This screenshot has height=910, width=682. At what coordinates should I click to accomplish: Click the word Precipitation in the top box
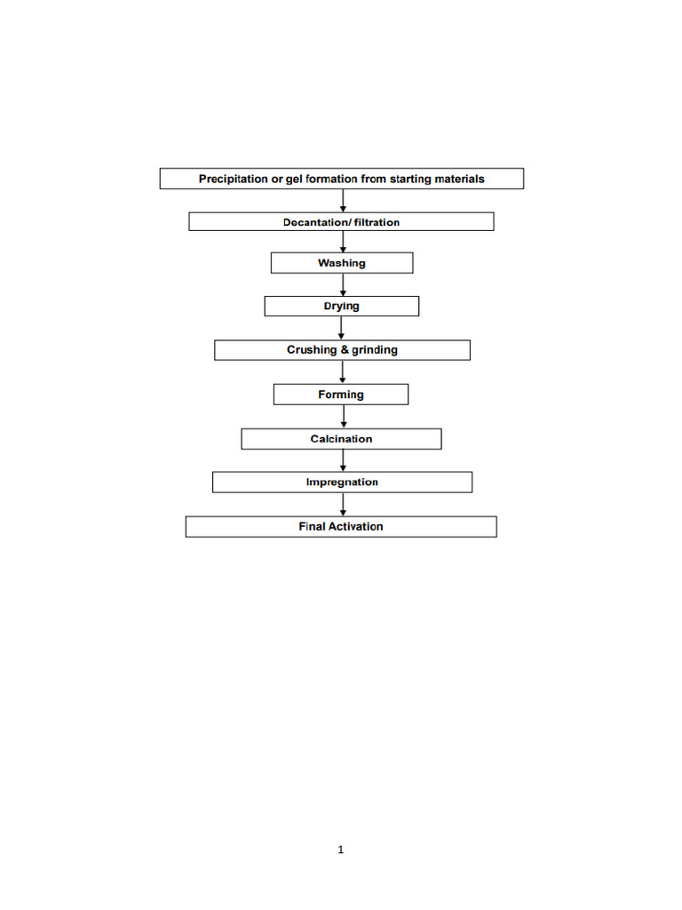tap(233, 179)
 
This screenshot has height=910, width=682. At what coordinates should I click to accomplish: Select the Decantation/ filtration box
tap(341, 222)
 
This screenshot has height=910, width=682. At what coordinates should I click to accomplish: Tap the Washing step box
tap(341, 263)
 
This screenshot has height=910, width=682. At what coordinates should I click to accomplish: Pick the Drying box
tap(341, 306)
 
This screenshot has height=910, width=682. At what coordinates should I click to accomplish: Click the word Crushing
tap(312, 350)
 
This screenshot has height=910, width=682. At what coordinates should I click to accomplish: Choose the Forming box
tap(341, 395)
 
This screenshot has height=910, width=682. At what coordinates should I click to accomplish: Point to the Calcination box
tap(341, 439)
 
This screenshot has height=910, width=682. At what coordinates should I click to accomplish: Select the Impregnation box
tap(342, 483)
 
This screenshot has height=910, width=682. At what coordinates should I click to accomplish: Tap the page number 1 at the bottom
tap(341, 850)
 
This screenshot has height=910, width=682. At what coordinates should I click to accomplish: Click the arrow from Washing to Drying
tap(343, 284)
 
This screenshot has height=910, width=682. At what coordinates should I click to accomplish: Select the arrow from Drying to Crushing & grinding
tap(342, 328)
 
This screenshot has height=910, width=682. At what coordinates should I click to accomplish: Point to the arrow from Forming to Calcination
tap(343, 417)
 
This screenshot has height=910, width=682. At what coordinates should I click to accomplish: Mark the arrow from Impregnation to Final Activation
tap(343, 504)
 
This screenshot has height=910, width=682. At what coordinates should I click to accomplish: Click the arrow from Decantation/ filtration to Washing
tap(343, 242)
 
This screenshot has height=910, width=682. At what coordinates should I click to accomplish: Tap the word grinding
tap(375, 350)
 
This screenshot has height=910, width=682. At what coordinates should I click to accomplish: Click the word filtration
tap(377, 222)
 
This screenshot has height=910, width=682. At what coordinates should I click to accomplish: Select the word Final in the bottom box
tap(312, 526)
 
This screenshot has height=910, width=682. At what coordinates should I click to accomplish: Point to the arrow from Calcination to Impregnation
tap(343, 460)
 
